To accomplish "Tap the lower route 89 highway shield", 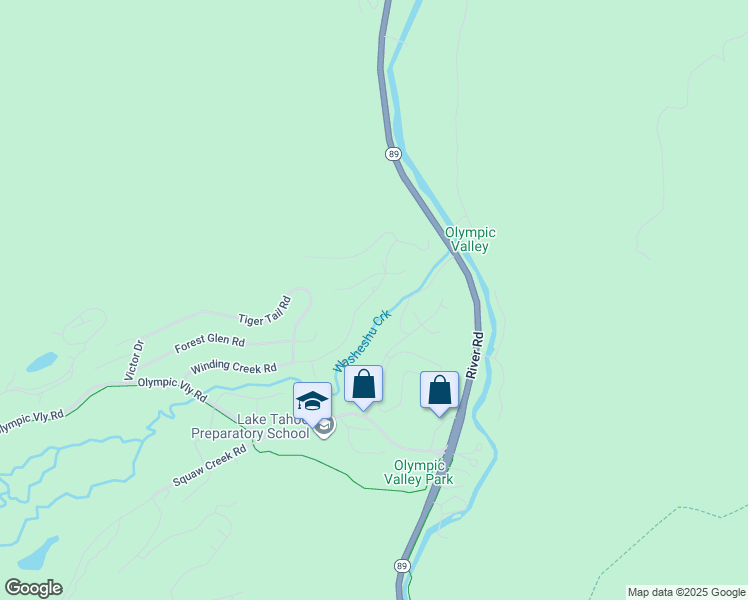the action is [x=401, y=566].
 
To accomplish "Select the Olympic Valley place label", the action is [x=470, y=239].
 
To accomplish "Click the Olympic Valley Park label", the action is [x=423, y=472].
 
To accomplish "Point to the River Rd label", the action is [x=477, y=355].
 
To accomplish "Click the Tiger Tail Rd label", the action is [x=264, y=312].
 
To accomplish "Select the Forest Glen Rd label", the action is [x=209, y=343].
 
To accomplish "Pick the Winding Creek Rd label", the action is [x=233, y=368].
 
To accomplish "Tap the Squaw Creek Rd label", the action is [x=209, y=466].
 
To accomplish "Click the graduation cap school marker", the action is [x=312, y=401].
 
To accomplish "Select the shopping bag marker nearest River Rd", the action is [x=439, y=391].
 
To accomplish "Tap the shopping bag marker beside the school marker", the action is [x=363, y=385].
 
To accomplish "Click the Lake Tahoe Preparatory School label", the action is [x=250, y=427].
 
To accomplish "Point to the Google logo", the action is [x=33, y=588].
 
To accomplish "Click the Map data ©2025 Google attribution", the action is [x=686, y=592].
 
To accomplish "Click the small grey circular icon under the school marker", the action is [x=324, y=427].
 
